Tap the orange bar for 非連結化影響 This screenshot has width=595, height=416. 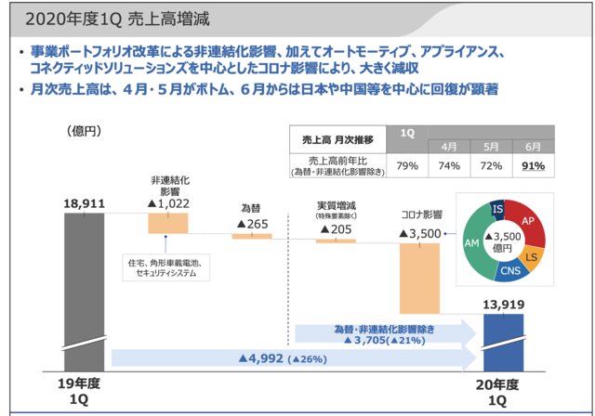tap(167, 223)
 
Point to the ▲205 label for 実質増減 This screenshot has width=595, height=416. tap(336, 228)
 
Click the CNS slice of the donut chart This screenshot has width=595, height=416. tap(509, 272)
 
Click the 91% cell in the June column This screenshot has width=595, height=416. tap(533, 166)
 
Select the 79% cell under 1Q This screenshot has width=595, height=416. tap(406, 166)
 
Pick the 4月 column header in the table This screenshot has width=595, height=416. tap(448, 147)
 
